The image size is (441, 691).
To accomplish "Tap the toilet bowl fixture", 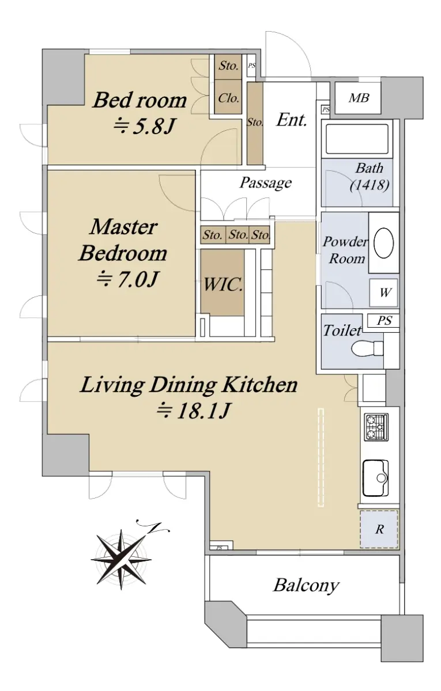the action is point(367,348).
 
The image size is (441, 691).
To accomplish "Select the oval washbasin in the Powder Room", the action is point(383,243).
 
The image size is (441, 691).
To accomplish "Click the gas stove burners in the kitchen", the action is point(376,427).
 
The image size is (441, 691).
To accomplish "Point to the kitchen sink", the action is point(375,478).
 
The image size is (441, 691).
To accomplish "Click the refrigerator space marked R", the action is point(379,529).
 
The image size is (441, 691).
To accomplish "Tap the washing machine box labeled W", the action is point(384,293).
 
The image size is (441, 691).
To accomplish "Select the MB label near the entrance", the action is point(359,98).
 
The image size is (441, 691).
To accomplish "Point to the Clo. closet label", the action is point(228,98).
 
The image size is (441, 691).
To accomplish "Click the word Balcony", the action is point(306,586).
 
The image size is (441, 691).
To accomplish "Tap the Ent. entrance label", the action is point(292,120).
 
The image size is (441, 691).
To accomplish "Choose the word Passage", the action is point(266,183).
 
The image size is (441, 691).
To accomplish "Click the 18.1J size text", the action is point(194,411).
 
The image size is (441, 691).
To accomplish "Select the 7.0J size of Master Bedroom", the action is point(127,280).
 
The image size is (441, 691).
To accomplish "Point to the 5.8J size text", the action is point(145,126).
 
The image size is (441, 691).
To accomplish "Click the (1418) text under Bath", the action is point(370,185).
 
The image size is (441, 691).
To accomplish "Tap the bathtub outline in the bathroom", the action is point(357,139).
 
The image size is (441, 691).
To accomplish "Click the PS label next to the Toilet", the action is point(384,321).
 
